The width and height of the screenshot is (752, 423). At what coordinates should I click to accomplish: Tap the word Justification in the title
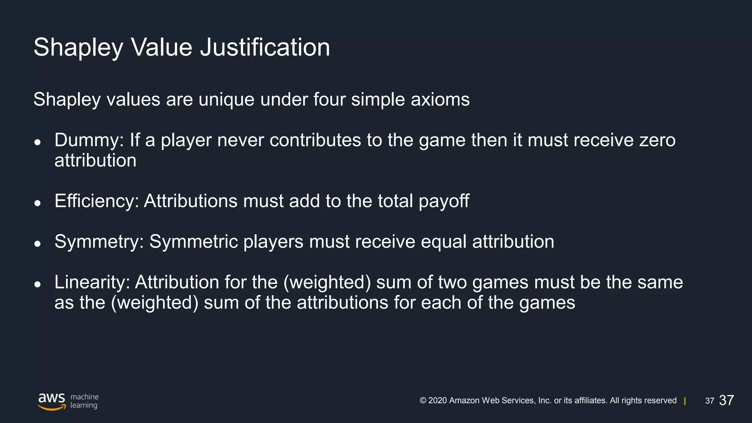point(265,48)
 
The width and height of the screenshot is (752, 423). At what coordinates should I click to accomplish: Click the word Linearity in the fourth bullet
point(92,282)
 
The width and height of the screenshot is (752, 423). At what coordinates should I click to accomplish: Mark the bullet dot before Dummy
point(37,142)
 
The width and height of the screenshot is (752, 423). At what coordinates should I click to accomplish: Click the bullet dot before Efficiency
point(37,203)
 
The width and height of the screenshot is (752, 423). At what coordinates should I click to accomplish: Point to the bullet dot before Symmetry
point(37,244)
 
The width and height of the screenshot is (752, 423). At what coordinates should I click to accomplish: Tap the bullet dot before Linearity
point(37,284)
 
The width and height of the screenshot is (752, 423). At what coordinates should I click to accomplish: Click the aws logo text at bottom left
point(52,399)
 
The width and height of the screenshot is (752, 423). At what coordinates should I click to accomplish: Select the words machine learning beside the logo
point(84,401)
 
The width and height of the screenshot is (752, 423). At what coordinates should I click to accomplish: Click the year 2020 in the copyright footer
point(437,401)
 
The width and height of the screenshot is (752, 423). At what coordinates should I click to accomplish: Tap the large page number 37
point(726,400)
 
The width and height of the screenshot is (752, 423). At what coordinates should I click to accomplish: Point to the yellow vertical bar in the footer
point(685,401)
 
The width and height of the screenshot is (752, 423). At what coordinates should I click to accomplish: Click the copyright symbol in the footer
point(423,401)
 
